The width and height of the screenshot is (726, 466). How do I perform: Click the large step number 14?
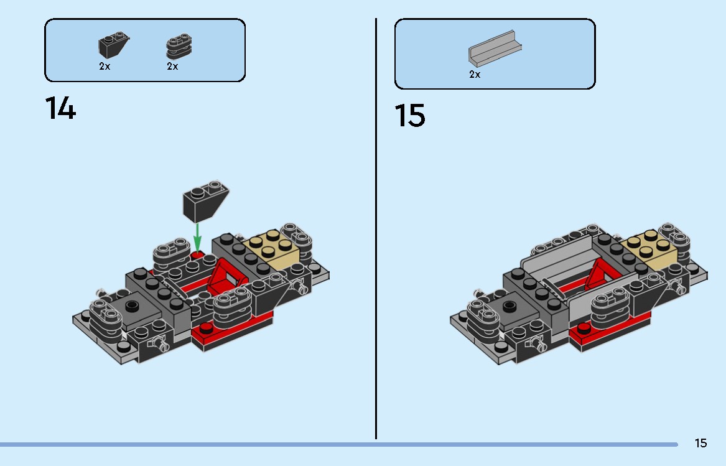pyautogui.click(x=60, y=108)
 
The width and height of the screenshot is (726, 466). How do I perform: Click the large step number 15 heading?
pyautogui.click(x=410, y=115)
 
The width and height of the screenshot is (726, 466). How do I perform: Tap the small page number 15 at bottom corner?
pyautogui.click(x=700, y=443)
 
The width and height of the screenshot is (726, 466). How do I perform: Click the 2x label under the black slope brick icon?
pyautogui.click(x=105, y=66)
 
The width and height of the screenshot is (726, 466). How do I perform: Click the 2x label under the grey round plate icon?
pyautogui.click(x=172, y=66)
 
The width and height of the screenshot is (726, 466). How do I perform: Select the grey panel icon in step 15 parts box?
pyautogui.click(x=494, y=49)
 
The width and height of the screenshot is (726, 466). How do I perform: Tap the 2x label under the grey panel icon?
pyautogui.click(x=475, y=74)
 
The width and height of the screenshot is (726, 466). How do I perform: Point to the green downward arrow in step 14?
pyautogui.click(x=197, y=237)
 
